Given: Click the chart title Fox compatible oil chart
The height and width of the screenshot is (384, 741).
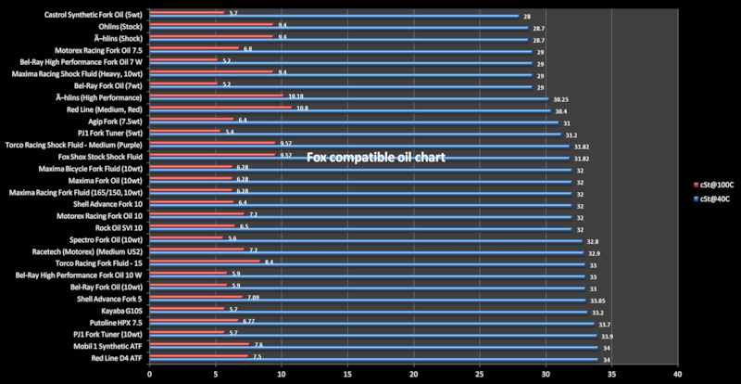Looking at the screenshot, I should (377, 158).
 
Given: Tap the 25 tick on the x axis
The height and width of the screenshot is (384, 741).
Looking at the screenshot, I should (480, 375).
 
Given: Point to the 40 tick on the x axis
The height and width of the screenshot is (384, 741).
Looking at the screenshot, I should (678, 375).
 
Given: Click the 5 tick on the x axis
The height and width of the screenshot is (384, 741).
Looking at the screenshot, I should (216, 375).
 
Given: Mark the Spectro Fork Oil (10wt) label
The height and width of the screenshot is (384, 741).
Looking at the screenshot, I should (104, 238).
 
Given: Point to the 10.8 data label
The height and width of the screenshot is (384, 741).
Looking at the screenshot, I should (301, 108).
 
